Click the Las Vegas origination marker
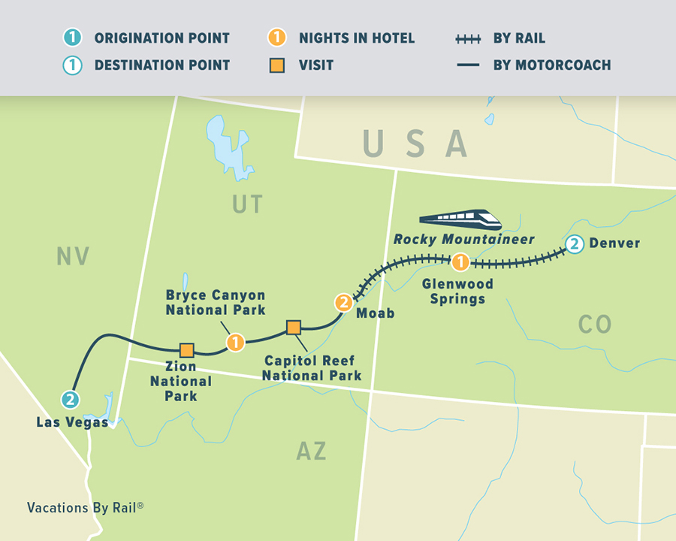coord(71,400)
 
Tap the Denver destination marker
coord(574,244)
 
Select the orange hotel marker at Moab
coord(343,303)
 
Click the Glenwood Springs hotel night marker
coord(460,262)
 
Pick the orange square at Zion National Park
coord(187,349)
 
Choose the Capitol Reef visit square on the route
coord(294,327)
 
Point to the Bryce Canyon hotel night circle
coord(236,343)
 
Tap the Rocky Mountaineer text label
coord(464,240)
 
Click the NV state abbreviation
coord(73,257)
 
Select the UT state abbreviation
coord(247,203)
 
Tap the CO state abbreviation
coord(595,325)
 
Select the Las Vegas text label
coord(71,422)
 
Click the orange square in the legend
coord(277,65)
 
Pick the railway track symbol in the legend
coord(468,38)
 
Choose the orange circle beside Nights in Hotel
coord(277,38)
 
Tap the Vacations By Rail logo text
coord(85,507)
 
